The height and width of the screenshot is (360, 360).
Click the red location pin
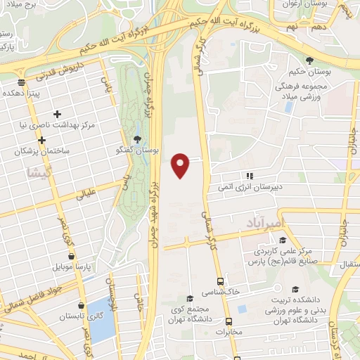coord(181,164)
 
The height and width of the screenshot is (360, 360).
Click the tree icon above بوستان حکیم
coord(309,61)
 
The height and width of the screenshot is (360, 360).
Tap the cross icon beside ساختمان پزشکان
coord(41,140)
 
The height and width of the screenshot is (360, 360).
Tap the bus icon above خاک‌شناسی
coord(219,279)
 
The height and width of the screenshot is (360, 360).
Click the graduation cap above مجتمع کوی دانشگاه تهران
coord(189,298)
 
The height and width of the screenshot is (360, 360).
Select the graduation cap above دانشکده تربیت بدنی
coord(295,289)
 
